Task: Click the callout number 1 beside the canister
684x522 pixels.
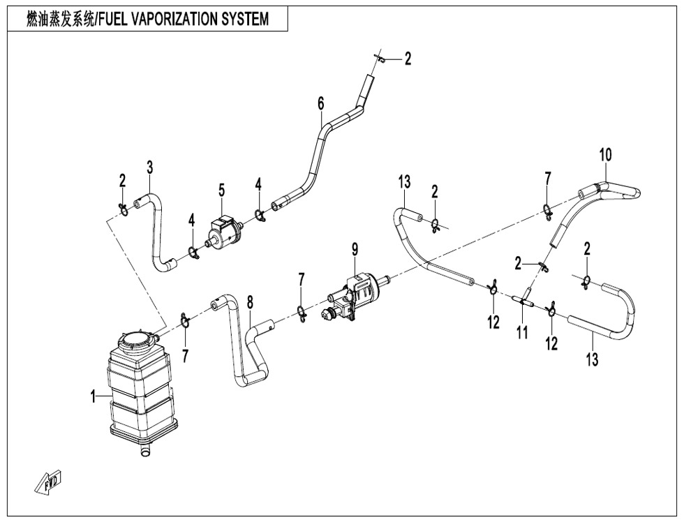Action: pos(93,397)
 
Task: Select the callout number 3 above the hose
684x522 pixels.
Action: pos(149,167)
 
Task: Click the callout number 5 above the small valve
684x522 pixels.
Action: pos(221,190)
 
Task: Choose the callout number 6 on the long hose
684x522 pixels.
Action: pos(320,104)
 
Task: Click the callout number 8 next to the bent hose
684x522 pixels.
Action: pos(250,302)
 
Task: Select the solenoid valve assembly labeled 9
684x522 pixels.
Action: pos(352,297)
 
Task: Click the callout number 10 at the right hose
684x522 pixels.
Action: pos(604,155)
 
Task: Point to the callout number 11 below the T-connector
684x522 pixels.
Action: pos(521,333)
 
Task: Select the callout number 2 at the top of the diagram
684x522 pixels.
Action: pos(408,59)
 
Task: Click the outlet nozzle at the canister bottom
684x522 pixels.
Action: pos(146,454)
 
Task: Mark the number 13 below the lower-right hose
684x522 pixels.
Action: pos(592,360)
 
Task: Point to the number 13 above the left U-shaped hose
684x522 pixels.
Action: pos(405,183)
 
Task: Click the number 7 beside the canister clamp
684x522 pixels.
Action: pos(185,356)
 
